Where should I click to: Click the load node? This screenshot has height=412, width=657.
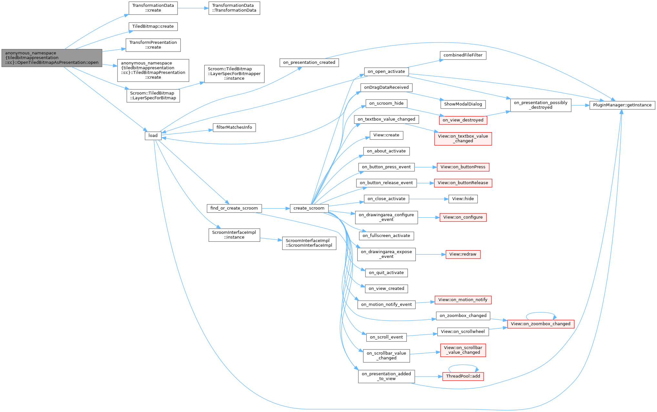153,136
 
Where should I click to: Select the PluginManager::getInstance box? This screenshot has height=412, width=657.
622,105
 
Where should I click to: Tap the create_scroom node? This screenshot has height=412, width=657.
309,208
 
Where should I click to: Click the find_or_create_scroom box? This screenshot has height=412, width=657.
234,208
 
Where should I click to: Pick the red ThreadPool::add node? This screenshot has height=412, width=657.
463,376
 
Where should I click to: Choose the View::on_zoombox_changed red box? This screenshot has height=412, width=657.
540,324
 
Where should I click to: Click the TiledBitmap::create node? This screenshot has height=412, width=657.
153,26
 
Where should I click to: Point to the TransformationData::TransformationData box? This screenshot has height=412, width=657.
234,8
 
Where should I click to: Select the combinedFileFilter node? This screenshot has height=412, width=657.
463,55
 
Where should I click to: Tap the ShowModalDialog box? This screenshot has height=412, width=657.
463,104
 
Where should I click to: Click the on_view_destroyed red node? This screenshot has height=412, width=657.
463,120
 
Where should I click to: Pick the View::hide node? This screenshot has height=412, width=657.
463,199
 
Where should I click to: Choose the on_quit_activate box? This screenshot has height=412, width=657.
386,273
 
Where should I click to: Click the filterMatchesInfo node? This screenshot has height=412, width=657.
234,127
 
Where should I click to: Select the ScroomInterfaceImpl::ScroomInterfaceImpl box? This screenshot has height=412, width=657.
309,243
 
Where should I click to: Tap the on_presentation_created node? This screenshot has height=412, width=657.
309,63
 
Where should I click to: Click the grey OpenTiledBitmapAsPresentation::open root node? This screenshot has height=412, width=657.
52,58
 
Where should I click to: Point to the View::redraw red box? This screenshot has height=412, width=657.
463,254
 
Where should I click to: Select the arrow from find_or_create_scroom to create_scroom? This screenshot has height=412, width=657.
276,209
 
